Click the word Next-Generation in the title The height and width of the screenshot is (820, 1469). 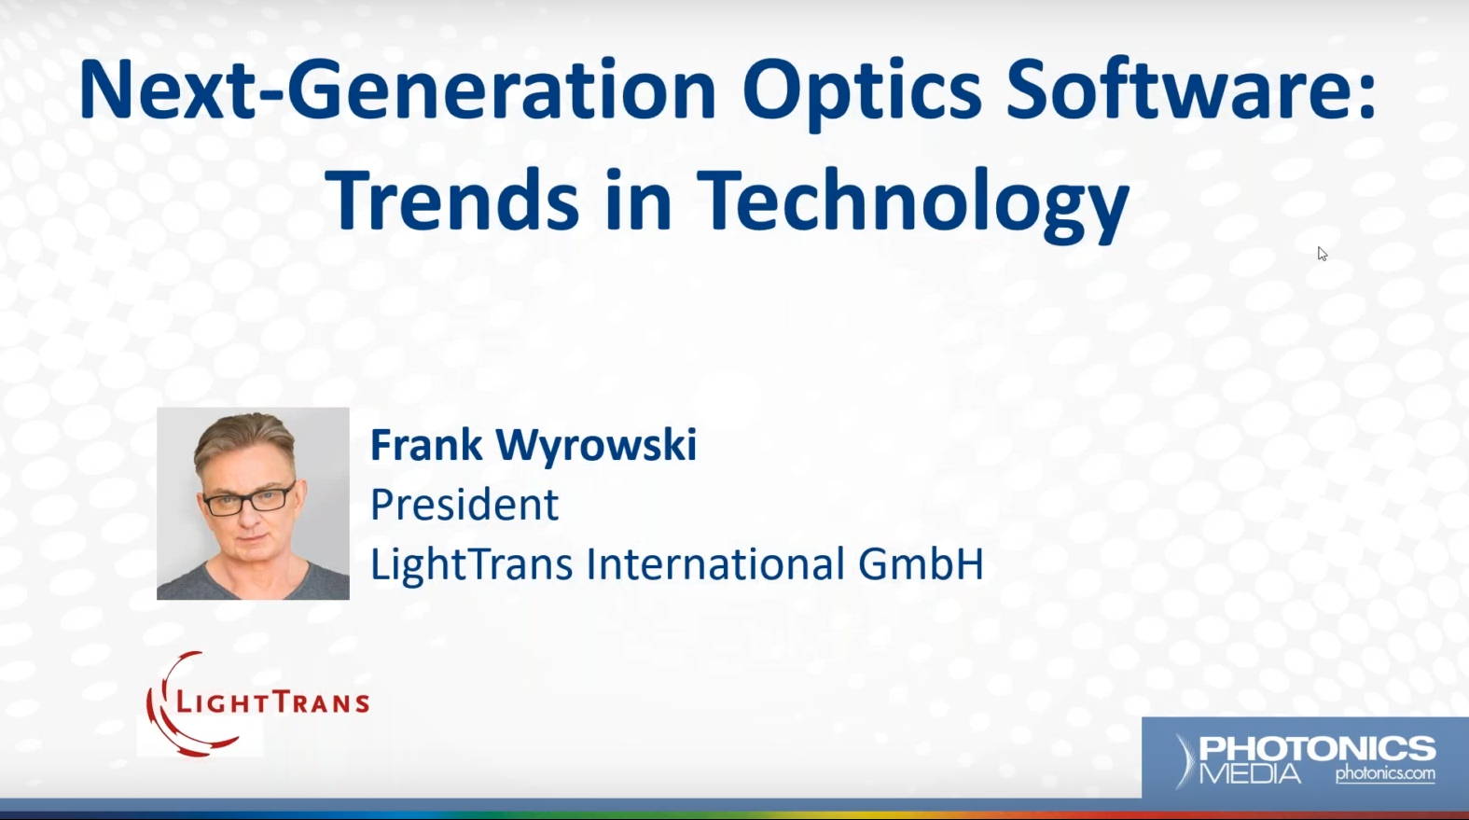coord(397,90)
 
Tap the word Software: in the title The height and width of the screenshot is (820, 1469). coord(1191,90)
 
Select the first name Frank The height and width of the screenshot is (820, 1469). coord(427,445)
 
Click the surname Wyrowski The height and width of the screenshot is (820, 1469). coord(596,447)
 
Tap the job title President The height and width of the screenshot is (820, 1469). coord(464,504)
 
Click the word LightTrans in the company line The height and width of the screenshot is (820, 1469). coord(472,565)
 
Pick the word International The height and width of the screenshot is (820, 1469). coord(715,563)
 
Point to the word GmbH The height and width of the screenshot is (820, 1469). coord(921,563)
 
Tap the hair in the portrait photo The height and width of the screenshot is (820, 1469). coord(244,439)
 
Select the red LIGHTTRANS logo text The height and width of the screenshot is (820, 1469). coord(273,703)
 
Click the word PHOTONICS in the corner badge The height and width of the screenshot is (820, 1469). coord(1318,749)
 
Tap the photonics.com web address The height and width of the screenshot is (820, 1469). coord(1386,773)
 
